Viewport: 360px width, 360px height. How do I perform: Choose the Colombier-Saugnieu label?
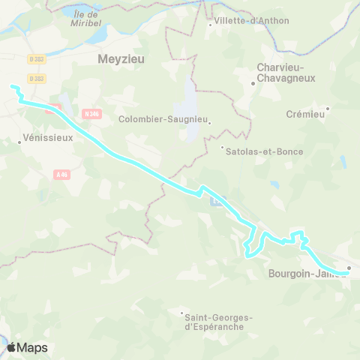[x=163, y=118]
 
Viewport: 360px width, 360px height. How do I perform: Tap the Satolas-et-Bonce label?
[x=265, y=151]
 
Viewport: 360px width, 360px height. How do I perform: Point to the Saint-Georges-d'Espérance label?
[x=217, y=322]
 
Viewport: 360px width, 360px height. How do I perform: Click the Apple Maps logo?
[x=27, y=347]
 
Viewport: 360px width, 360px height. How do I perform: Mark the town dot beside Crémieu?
[x=328, y=108]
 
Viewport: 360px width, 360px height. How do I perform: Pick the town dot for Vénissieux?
[x=19, y=140]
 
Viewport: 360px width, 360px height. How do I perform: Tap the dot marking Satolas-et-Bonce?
[x=222, y=146]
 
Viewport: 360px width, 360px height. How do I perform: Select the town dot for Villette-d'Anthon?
[x=209, y=25]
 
